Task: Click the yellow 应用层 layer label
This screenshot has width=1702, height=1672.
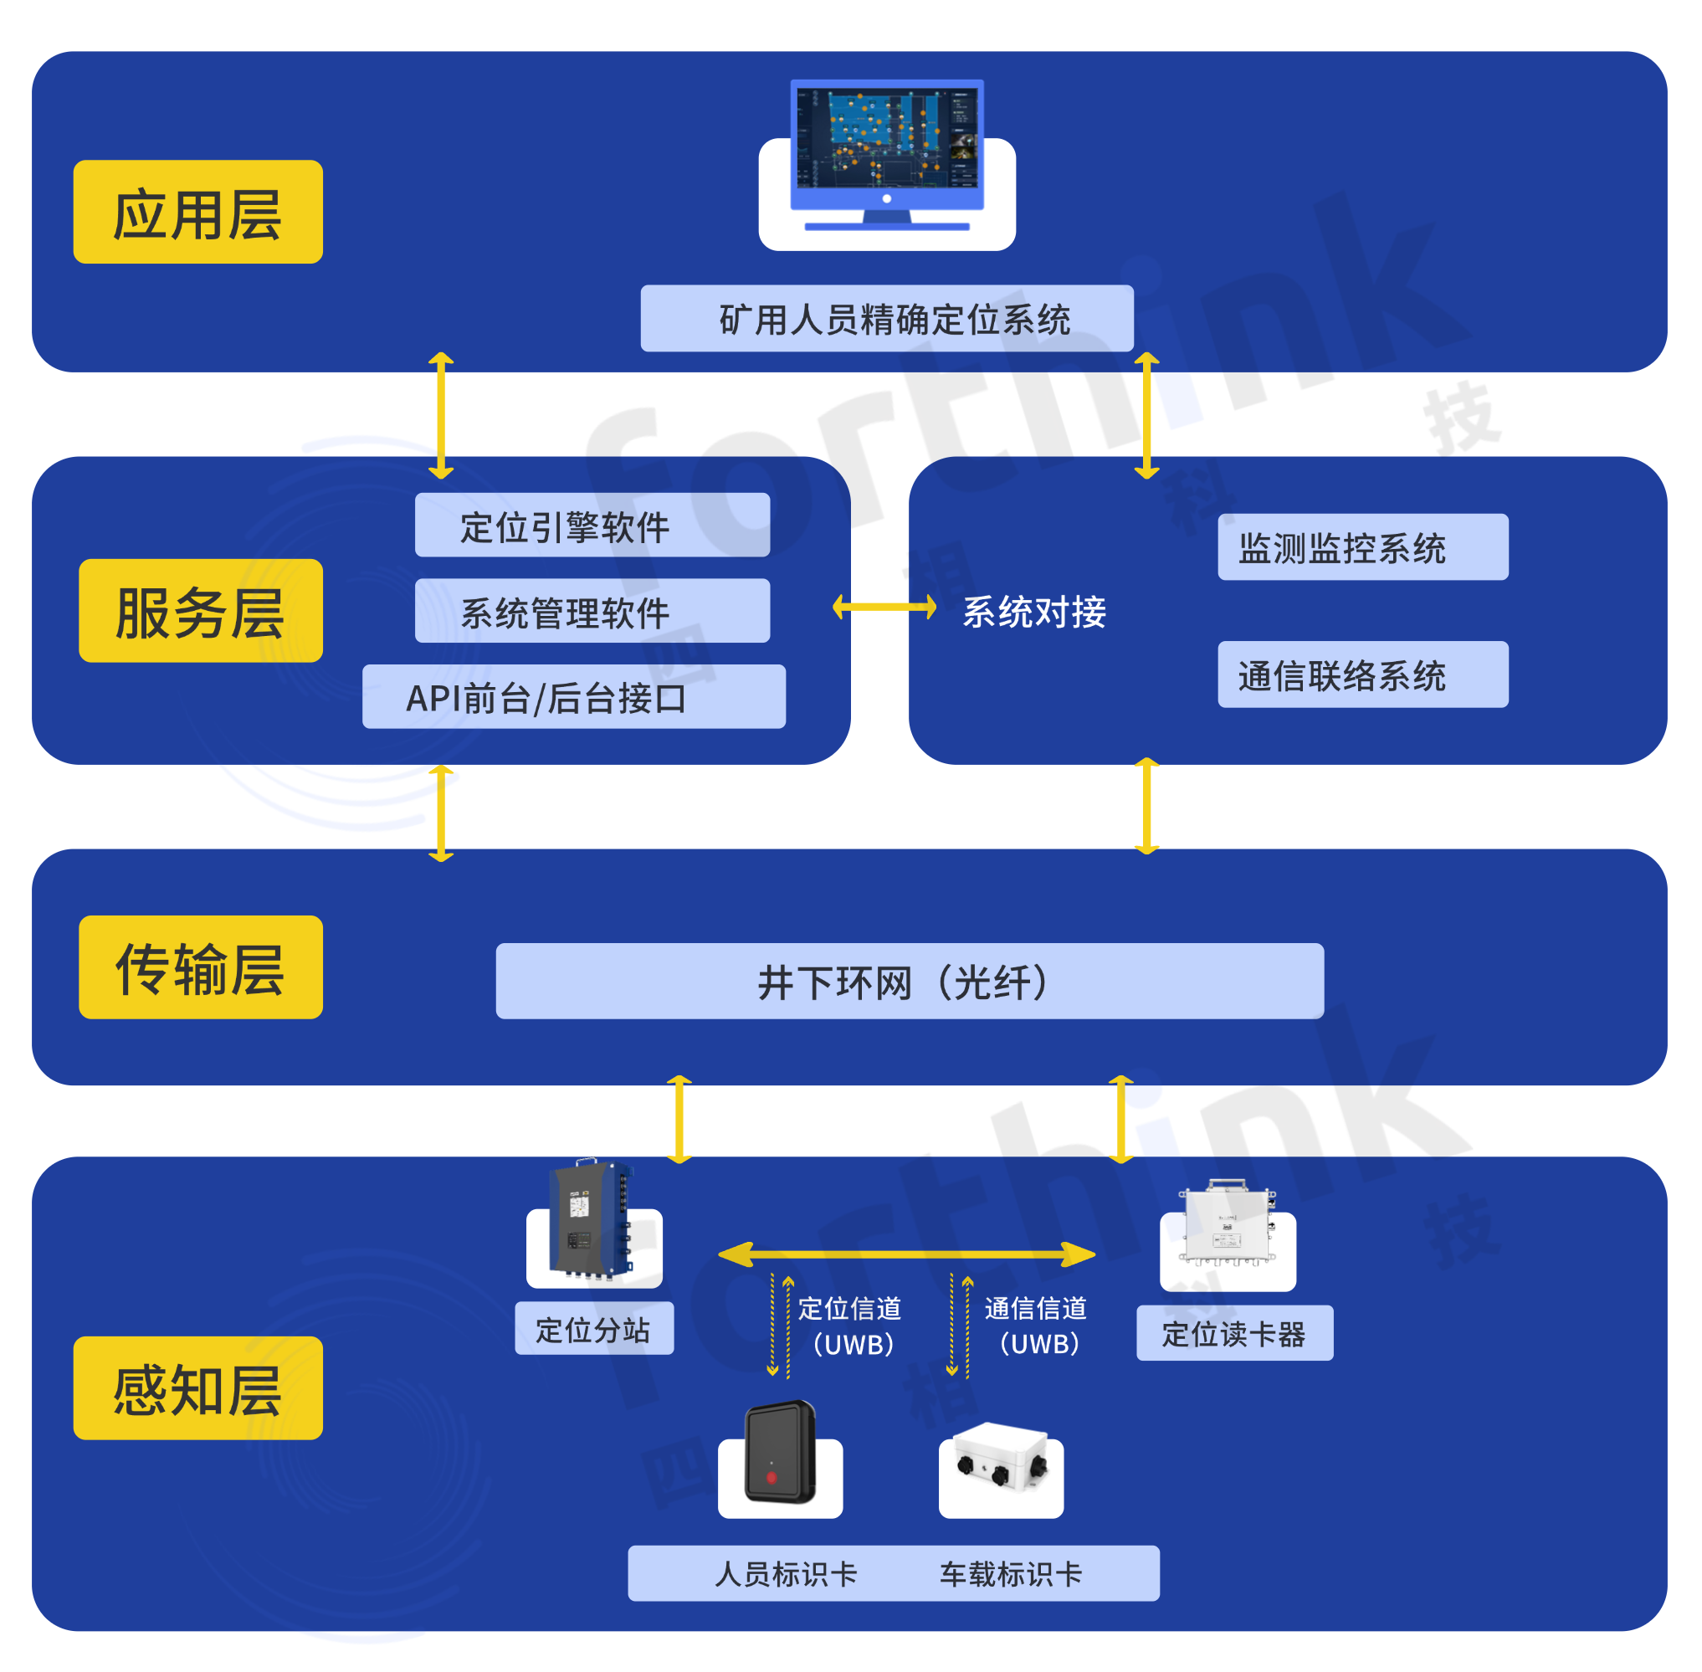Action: [197, 212]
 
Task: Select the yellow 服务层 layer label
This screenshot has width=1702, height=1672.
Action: [200, 610]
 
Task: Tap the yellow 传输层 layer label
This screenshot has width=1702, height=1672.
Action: [200, 967]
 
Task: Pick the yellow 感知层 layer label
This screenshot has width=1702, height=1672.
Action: [197, 1387]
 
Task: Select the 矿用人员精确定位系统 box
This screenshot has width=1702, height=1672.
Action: [886, 319]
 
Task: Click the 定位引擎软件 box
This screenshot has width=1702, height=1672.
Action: [592, 526]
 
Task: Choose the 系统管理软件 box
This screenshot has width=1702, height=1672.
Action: [592, 610]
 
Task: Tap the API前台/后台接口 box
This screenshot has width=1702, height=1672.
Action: [573, 696]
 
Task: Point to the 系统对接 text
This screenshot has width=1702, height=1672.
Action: [1033, 611]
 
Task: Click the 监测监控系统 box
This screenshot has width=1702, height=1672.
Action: [1362, 547]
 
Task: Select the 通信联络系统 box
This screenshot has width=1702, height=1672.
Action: [1362, 674]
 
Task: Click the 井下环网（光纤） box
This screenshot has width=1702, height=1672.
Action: [909, 981]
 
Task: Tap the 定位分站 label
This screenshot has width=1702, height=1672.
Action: [593, 1329]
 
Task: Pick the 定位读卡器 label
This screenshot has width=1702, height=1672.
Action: [1234, 1333]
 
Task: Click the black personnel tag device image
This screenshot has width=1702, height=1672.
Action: [780, 1454]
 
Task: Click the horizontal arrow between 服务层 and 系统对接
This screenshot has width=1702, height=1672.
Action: [884, 607]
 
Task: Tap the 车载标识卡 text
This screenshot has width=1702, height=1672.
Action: [1011, 1573]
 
